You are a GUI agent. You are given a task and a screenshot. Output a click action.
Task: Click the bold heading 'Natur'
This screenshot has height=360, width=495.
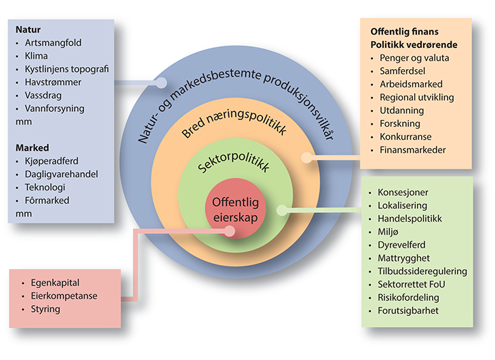click(28, 30)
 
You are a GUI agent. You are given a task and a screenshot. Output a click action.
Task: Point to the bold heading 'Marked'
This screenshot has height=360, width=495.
click(31, 148)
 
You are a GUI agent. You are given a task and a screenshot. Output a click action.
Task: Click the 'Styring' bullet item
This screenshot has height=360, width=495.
click(45, 308)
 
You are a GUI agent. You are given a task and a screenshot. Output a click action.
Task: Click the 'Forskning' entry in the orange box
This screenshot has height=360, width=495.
click(400, 123)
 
